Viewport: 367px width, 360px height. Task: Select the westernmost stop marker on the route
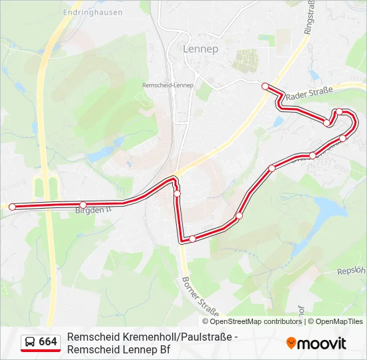point(12,207)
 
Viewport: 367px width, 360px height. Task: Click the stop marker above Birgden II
point(83,205)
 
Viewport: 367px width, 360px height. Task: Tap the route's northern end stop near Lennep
point(265,86)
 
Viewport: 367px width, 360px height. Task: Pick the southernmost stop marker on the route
point(192,239)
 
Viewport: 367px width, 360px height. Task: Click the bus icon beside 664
point(30,342)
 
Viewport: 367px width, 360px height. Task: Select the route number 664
point(48,342)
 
